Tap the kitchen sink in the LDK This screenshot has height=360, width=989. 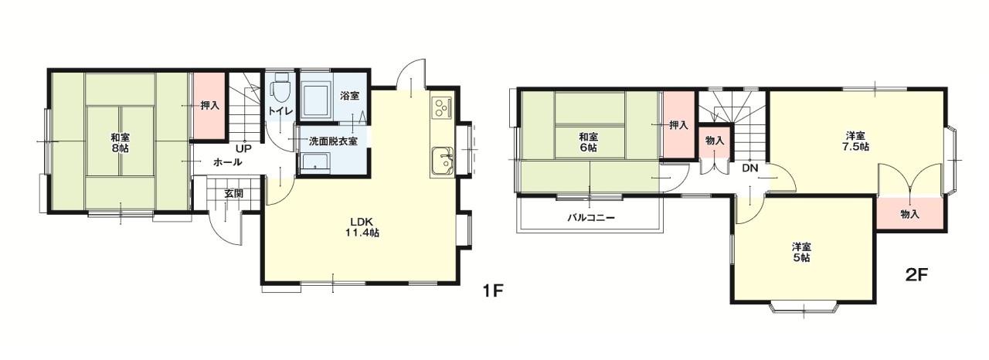pos(443,161)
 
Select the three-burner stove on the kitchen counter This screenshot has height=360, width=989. pos(442,107)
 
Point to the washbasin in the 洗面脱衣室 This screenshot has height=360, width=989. pos(314,163)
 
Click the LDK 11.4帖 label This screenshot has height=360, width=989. pos(362,227)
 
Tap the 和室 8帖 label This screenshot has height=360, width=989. pos(120,143)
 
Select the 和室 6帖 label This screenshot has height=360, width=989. pos(589,142)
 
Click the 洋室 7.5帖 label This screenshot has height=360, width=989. pos(855,141)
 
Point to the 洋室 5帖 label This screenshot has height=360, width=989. pos(801,253)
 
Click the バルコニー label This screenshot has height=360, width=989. pos(591,218)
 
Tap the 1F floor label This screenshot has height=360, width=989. pos(493,291)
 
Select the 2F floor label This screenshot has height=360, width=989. pos(917,275)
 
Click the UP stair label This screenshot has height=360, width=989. pos(243,148)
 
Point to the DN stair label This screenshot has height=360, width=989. pos(749,168)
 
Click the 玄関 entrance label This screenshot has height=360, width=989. pos(233,194)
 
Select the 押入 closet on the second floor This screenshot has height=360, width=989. pos(678,125)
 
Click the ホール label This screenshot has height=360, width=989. pos(227,162)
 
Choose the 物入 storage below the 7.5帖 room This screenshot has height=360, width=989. pos(910,213)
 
